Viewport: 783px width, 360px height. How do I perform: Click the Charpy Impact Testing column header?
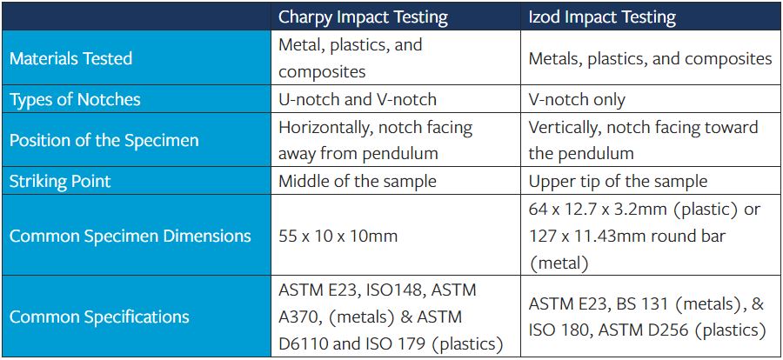(x=363, y=17)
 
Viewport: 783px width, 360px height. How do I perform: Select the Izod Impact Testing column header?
(x=602, y=17)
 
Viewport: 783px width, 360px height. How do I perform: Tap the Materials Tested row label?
(x=70, y=58)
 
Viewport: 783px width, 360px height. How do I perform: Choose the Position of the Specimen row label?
(x=104, y=141)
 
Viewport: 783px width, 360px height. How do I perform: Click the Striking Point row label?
(x=61, y=182)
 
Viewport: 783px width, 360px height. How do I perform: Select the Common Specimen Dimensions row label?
(x=130, y=236)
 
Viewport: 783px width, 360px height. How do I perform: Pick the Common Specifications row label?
(x=99, y=317)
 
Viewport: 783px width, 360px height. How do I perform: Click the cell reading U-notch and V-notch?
(x=357, y=100)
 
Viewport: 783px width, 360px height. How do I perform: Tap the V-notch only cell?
(x=577, y=100)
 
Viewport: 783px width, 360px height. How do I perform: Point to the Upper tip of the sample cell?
(x=618, y=182)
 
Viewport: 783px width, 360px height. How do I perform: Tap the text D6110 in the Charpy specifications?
(x=306, y=343)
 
